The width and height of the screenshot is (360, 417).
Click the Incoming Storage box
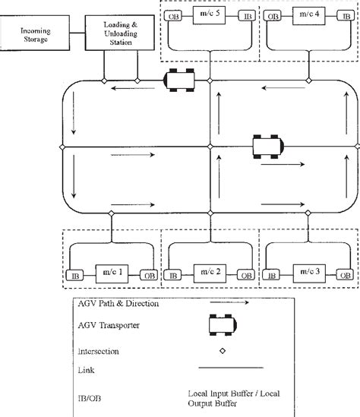click(31, 34)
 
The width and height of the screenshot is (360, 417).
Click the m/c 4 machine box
click(307, 15)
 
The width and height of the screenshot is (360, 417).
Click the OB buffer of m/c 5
click(174, 16)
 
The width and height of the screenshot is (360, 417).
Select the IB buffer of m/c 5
click(245, 16)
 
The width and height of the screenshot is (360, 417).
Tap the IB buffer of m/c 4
click(343, 16)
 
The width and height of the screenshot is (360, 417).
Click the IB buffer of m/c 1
click(74, 254)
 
